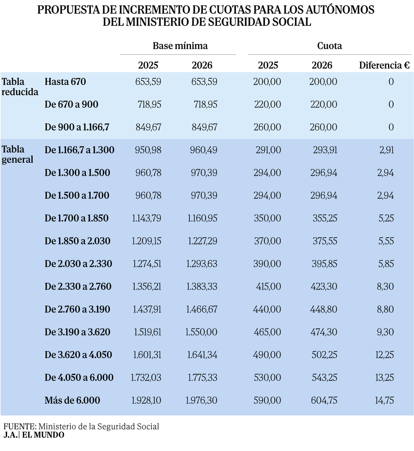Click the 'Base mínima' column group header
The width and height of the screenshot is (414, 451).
[180, 46]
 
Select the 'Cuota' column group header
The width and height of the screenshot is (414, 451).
[330, 46]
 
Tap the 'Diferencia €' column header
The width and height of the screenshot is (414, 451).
[384, 65]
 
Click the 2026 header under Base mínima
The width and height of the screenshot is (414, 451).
[202, 65]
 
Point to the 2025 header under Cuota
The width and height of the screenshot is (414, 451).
[268, 65]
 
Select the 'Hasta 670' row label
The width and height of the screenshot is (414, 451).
[65, 82]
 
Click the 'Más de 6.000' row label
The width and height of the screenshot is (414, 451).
[72, 400]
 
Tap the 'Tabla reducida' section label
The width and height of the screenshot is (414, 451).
[20, 87]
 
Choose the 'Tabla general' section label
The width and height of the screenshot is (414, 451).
[18, 154]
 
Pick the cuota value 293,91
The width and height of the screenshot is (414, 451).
[325, 150]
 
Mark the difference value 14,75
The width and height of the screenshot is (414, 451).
[384, 400]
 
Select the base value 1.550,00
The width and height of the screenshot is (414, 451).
[202, 332]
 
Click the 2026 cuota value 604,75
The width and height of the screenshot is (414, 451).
[323, 400]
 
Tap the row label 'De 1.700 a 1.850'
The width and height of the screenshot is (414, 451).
[77, 218]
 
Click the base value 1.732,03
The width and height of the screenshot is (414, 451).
[146, 377]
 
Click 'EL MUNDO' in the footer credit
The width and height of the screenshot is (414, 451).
[43, 435]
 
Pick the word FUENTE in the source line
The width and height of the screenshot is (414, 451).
[19, 427]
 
